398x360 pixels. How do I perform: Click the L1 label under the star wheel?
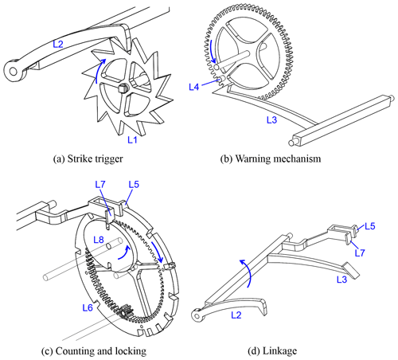[x=132, y=139]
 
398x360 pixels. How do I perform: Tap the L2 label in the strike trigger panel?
[x=58, y=44]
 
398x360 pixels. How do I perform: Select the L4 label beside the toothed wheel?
[x=194, y=87]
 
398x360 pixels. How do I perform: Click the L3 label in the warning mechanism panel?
[x=271, y=119]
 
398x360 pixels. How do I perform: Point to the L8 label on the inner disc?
[x=99, y=240]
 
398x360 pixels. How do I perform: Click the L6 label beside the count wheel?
[x=88, y=307]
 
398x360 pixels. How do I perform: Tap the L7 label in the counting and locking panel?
[x=100, y=184]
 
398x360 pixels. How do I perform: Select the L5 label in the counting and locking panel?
[x=134, y=184]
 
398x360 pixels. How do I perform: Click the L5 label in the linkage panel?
[x=370, y=226]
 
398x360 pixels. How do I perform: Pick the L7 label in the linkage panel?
[x=360, y=252]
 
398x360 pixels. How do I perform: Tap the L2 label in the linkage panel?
[x=236, y=315]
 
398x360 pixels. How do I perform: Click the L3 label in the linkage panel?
[x=341, y=280]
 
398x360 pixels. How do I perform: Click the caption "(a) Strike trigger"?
[x=88, y=158]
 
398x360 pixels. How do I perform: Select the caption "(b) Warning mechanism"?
[x=271, y=158]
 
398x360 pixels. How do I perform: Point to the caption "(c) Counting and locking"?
[x=94, y=351]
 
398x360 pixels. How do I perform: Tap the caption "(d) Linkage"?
[x=272, y=351]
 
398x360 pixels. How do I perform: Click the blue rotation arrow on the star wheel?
[x=98, y=69]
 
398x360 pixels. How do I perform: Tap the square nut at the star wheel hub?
[x=123, y=88]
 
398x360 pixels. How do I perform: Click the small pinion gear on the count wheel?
[x=125, y=311]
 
